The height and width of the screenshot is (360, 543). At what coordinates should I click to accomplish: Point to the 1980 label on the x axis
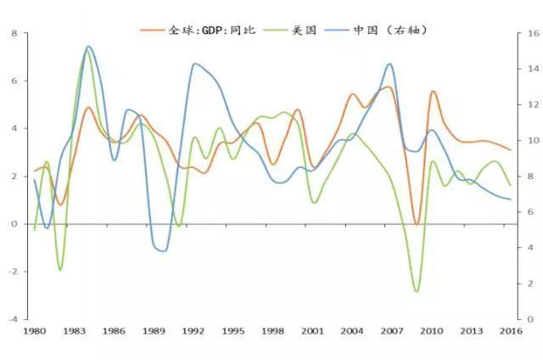click(35, 330)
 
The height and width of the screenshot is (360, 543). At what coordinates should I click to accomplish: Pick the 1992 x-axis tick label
click(193, 330)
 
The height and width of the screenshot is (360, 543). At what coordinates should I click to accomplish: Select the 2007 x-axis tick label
click(392, 330)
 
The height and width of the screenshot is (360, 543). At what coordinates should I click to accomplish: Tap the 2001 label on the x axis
click(313, 330)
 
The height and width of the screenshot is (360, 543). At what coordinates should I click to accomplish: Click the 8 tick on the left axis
click(14, 34)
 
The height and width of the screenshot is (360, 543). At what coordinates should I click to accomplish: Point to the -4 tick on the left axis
click(12, 319)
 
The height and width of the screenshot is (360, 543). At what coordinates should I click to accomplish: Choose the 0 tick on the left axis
click(14, 224)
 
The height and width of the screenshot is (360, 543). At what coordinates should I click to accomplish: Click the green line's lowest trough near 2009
click(417, 291)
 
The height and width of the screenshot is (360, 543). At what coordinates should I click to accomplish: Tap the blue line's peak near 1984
click(88, 47)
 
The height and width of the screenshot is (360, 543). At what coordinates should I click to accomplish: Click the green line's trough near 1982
click(60, 270)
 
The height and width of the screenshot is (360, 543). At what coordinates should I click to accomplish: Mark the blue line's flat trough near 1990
click(161, 250)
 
